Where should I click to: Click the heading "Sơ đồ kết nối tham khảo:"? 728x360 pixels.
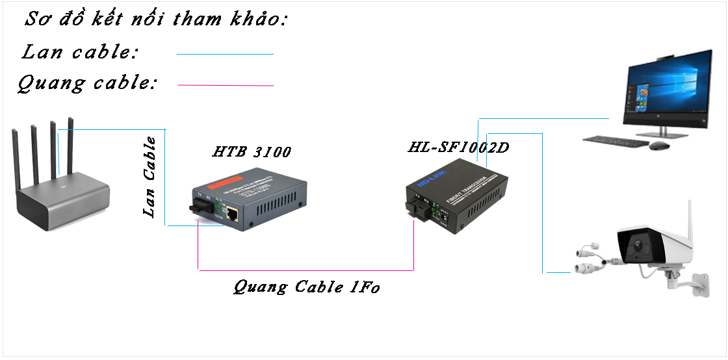tap(156, 19)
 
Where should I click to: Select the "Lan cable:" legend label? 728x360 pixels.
tap(80, 52)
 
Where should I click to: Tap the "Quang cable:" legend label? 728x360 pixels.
tap(87, 83)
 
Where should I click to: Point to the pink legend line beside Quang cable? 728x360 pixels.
tap(226, 85)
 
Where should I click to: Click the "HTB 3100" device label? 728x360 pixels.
tap(252, 153)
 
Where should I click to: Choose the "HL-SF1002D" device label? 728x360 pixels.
tap(458, 148)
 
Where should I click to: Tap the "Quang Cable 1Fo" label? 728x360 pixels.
tap(307, 287)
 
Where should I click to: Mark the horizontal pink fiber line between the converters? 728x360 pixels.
tap(305, 270)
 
